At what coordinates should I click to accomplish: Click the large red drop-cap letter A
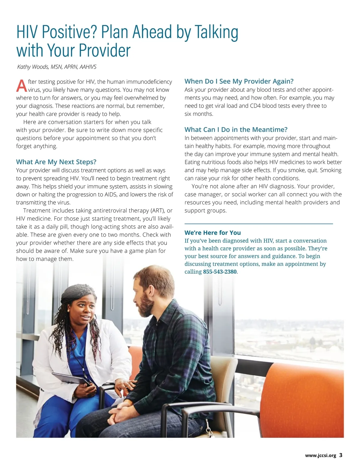(21, 86)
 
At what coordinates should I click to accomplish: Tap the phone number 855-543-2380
(220, 272)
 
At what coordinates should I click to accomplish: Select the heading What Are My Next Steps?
(56, 162)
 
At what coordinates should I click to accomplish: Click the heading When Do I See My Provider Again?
(239, 81)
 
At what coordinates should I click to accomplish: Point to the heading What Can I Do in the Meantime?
(236, 129)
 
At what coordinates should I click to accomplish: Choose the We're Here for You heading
(212, 233)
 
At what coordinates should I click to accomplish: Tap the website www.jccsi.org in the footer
(320, 456)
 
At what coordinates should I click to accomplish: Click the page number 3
(341, 455)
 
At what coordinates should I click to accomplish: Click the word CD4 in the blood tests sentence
(255, 106)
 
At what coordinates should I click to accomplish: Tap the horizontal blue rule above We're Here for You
(259, 224)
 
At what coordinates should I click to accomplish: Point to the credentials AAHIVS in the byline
(88, 67)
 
